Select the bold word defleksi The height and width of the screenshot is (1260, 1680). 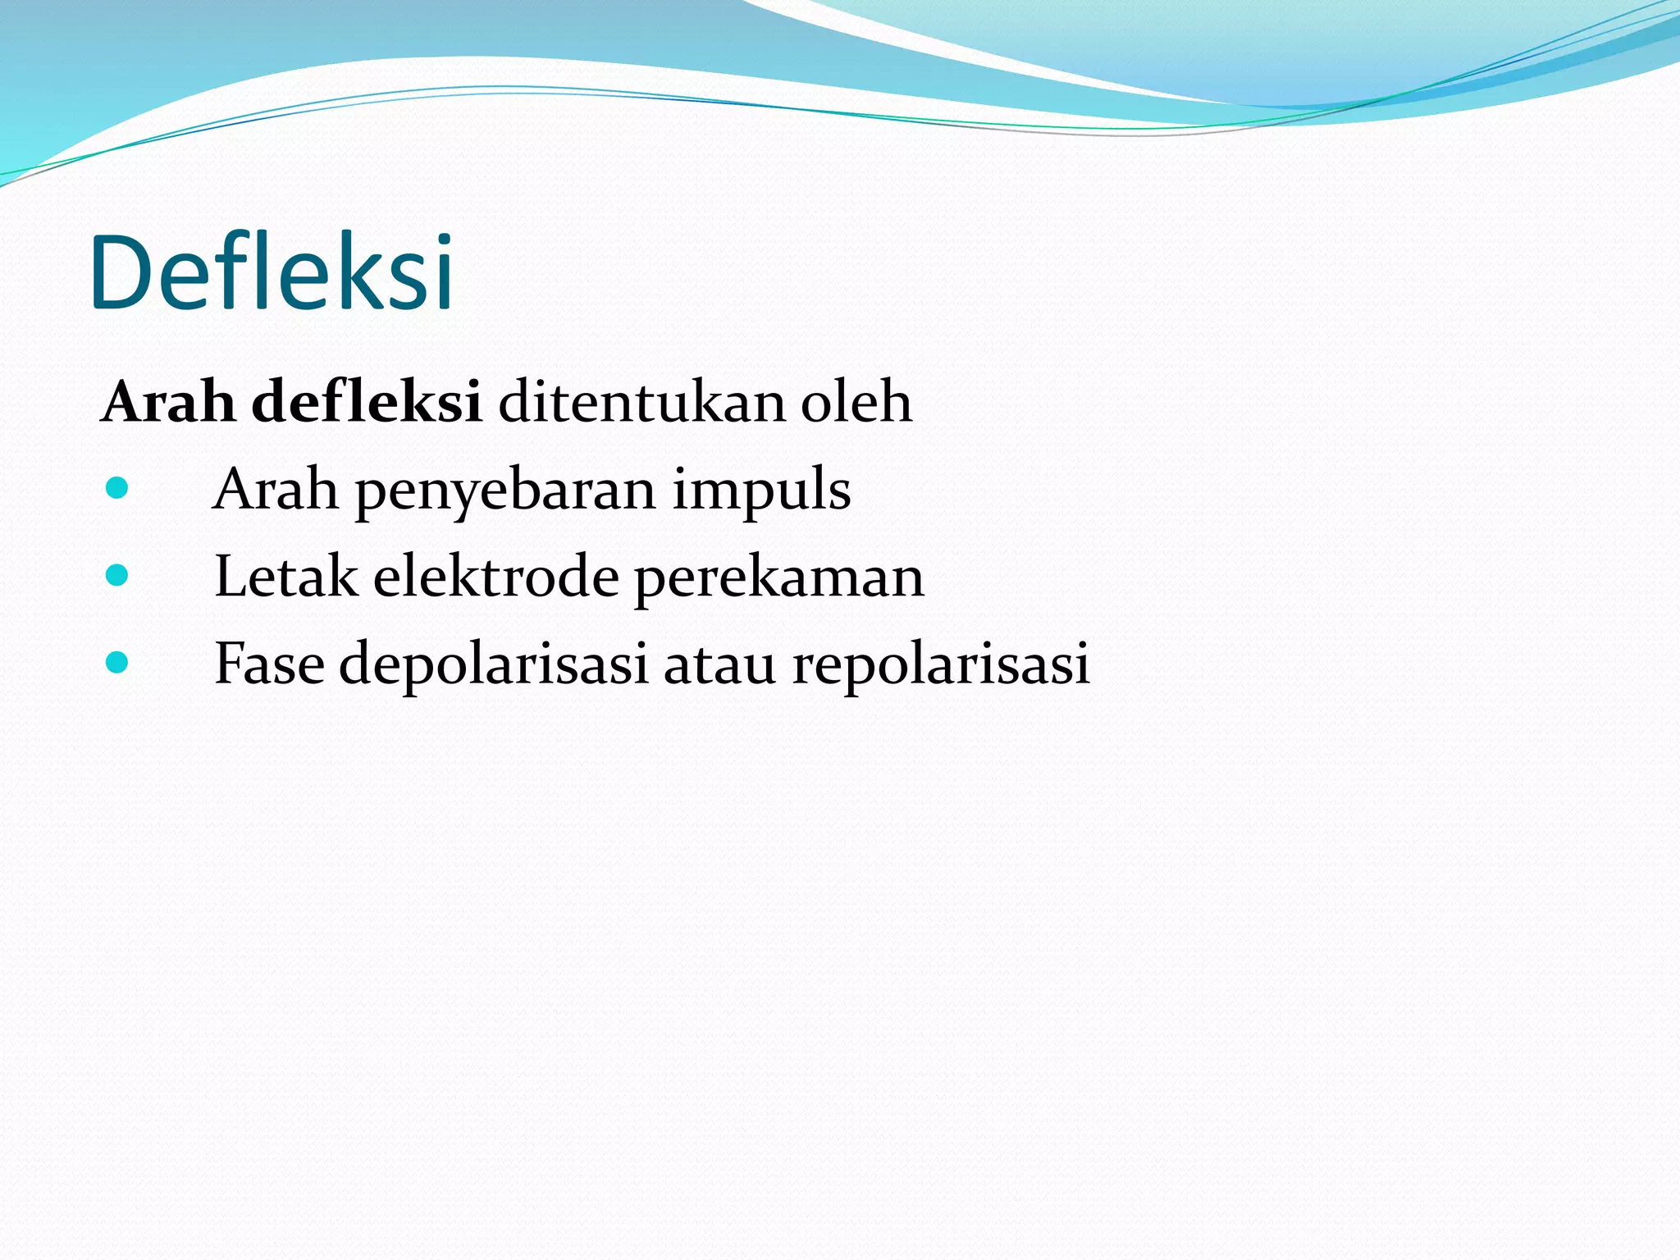click(366, 402)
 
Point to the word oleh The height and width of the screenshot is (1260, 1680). click(856, 402)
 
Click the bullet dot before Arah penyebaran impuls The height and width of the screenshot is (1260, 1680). click(117, 489)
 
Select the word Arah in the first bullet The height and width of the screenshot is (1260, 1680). click(276, 490)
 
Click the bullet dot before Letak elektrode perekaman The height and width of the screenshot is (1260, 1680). click(117, 575)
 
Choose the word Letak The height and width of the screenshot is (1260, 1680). click(285, 577)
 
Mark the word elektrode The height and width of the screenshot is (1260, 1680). click(496, 577)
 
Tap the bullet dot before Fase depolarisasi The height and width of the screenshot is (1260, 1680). click(117, 662)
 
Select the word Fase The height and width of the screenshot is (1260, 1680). click(269, 664)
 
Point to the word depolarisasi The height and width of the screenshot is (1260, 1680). click(494, 664)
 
